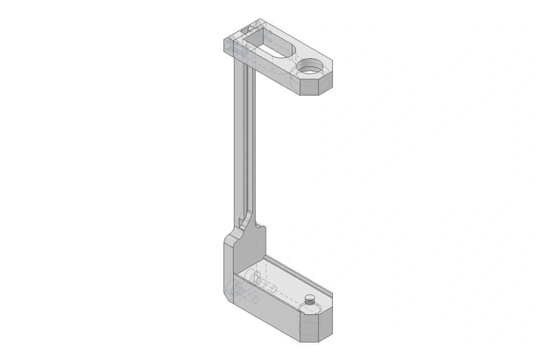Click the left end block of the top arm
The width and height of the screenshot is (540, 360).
point(232,46)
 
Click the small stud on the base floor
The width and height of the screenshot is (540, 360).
point(310,299)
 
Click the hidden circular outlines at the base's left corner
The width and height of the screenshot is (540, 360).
point(234,288)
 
